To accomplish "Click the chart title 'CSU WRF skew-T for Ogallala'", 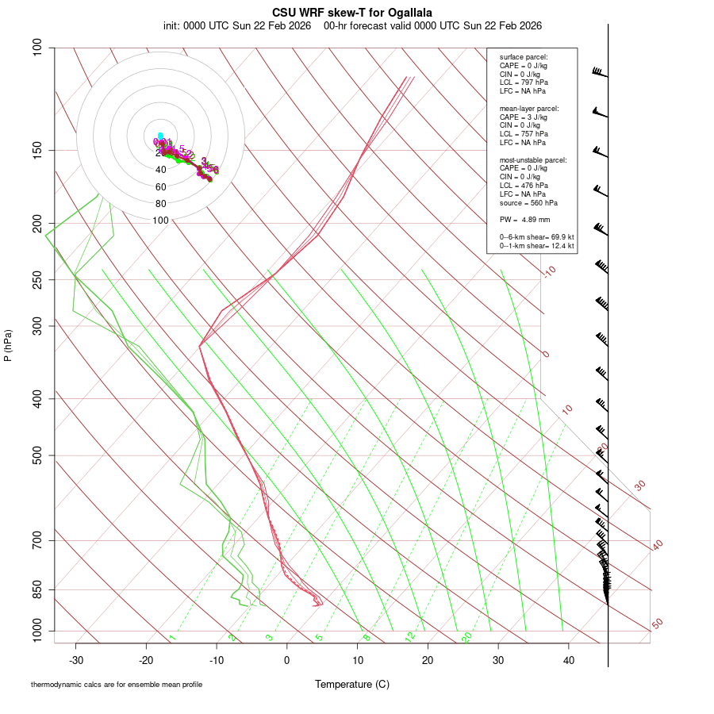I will click(351, 13).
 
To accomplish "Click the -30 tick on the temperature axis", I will click(76, 660).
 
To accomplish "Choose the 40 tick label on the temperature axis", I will click(568, 660).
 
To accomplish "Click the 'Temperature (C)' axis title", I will click(351, 684).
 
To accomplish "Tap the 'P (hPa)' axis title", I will click(8, 345).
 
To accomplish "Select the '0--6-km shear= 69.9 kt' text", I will click(536, 237).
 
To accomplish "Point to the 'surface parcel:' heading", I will click(524, 57).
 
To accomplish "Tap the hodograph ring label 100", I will click(161, 221).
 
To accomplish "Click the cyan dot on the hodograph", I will click(160, 136).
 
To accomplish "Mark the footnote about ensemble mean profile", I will click(116, 684).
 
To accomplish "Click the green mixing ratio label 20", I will click(467, 637).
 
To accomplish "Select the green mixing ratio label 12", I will click(410, 637).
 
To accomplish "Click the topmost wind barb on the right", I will click(600, 72).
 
